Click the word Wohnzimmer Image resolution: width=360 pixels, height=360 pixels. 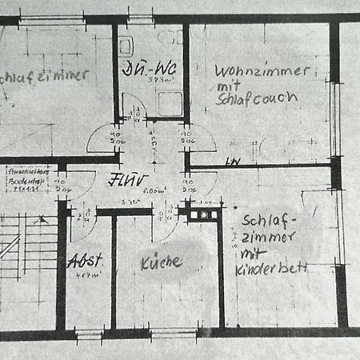[x=261, y=70]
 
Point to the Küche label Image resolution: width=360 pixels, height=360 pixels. [x=161, y=262]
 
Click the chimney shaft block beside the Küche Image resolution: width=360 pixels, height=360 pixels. [x=202, y=214]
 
